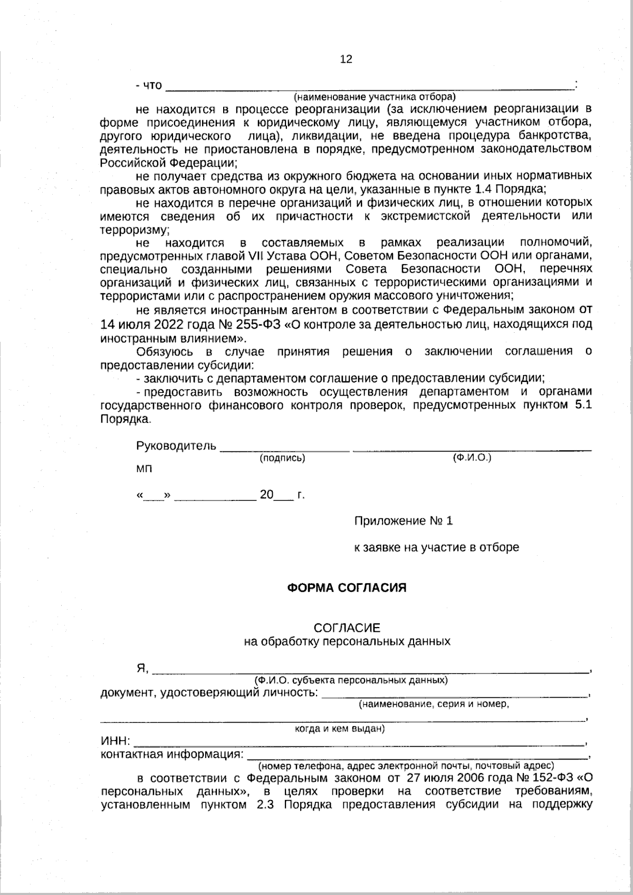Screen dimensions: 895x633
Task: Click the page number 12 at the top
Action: coord(346,59)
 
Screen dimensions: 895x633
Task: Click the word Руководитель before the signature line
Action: coord(176,446)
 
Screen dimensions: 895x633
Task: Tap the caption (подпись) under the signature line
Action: coord(282,458)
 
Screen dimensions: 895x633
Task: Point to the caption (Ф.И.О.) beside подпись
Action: coord(472,458)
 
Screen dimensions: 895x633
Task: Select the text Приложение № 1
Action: coord(404,521)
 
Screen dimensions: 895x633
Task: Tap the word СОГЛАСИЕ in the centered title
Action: coord(347,628)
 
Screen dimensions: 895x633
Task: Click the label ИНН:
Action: coord(116,742)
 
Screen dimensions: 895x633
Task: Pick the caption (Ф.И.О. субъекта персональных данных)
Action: coord(351,680)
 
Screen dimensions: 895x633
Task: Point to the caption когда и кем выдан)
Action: coord(340,729)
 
